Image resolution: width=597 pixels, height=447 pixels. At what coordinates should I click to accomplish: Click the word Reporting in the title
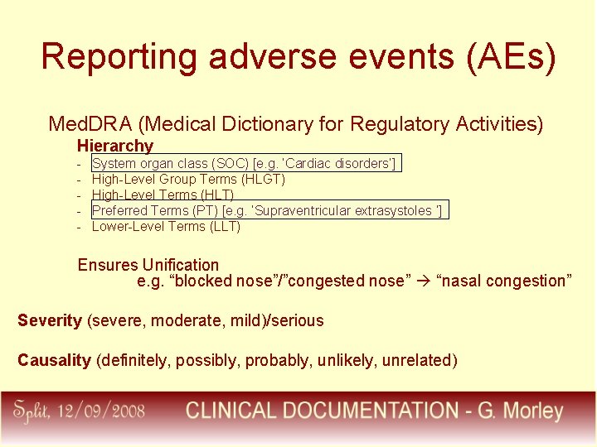pos(119,57)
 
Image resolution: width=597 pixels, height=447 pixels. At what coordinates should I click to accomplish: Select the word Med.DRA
pos(90,124)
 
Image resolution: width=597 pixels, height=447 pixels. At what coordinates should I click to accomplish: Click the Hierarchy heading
pos(115,146)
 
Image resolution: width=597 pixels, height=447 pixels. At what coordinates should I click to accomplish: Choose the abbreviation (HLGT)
pos(263,179)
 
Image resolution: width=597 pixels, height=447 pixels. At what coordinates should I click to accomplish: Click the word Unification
pos(180,265)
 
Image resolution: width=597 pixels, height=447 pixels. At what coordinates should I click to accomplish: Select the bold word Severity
pos(50,320)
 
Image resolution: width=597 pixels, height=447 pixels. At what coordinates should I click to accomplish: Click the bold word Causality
pos(54,359)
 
